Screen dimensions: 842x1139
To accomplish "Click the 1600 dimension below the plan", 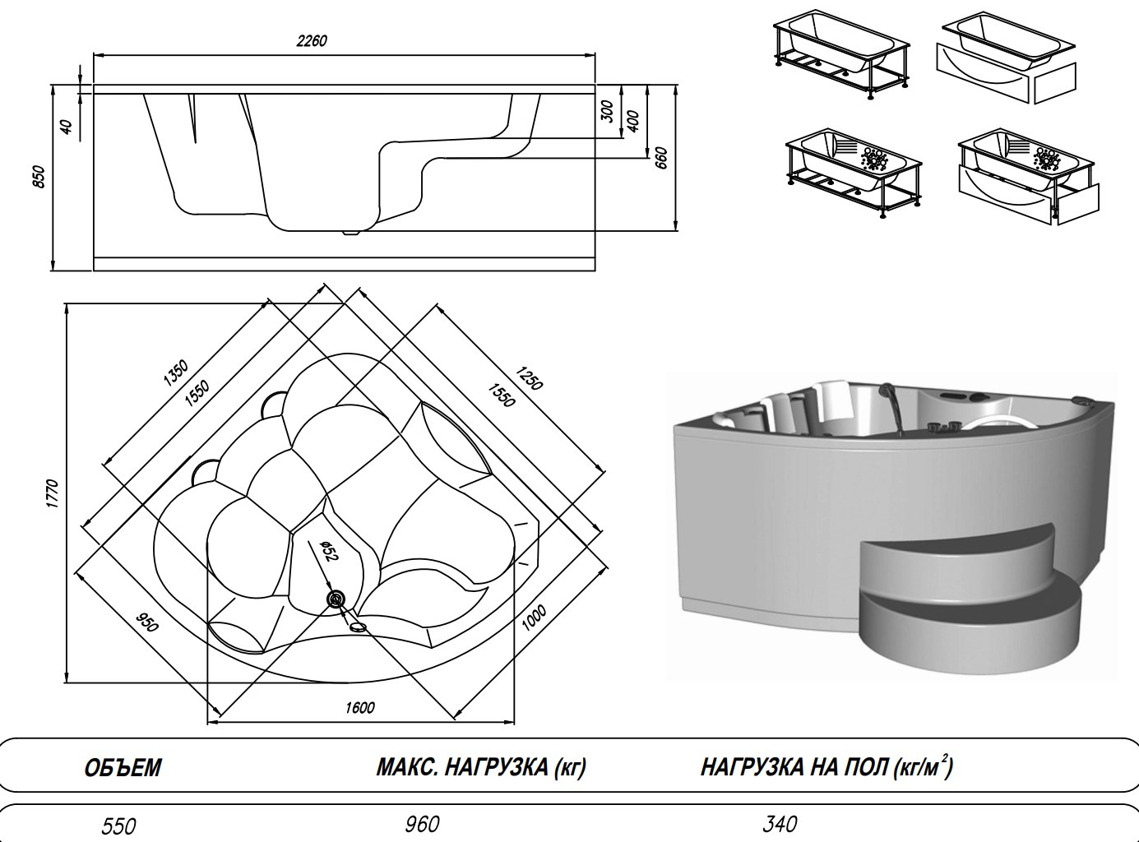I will [x=360, y=708].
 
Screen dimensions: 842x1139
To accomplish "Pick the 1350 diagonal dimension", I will [x=175, y=372].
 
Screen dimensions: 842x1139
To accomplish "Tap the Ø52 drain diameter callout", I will [x=326, y=552].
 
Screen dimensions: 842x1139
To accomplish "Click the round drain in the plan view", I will [x=335, y=599].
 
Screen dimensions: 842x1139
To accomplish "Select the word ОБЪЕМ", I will [x=123, y=768].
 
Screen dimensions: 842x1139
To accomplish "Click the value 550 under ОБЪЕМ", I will [x=118, y=826].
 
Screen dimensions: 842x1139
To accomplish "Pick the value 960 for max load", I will [x=422, y=824].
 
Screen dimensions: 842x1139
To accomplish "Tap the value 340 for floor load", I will [x=780, y=823].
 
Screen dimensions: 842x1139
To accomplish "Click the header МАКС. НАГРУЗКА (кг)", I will [x=481, y=768].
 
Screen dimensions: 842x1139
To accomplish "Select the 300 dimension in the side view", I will [x=608, y=113].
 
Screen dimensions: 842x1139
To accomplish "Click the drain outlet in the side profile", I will [x=352, y=231].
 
